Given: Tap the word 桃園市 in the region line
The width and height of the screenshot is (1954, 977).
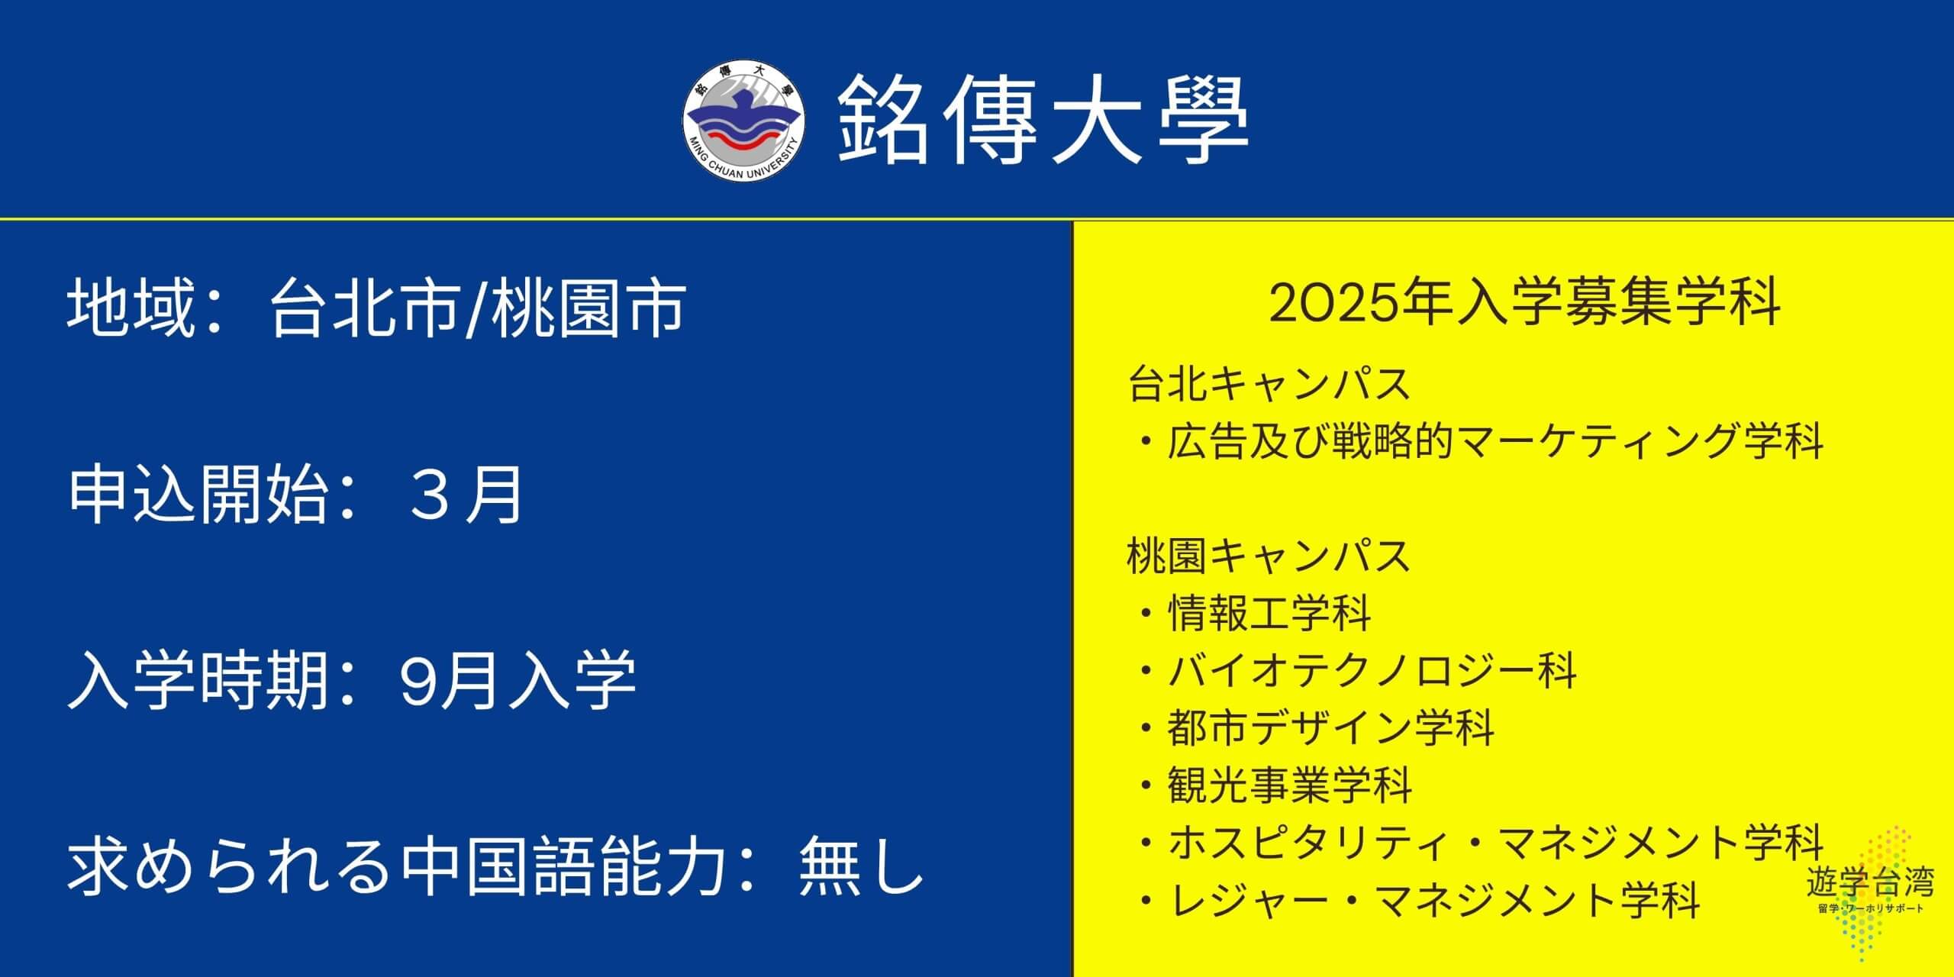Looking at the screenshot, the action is coord(588,308).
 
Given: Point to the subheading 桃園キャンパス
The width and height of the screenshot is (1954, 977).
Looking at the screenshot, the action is coord(1269,555).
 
